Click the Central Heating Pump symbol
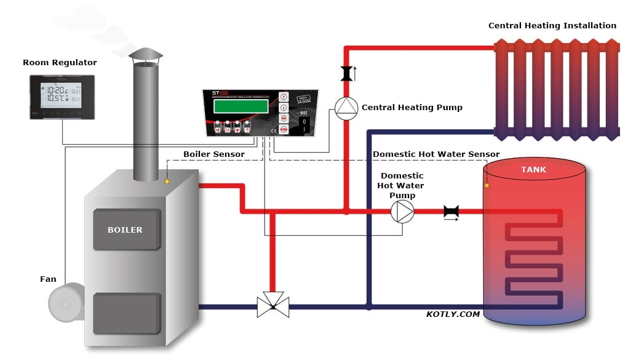(x=345, y=108)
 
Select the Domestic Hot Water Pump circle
(x=402, y=212)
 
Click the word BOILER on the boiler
(x=125, y=230)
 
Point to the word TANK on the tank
(x=533, y=170)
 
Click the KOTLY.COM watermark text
(x=453, y=314)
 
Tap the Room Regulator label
(x=60, y=63)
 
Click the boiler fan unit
(x=66, y=303)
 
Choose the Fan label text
(x=48, y=279)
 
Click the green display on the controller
(x=241, y=106)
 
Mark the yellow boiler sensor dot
(x=167, y=182)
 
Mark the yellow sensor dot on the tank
(x=487, y=185)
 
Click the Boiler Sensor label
(x=213, y=154)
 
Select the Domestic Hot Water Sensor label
(x=436, y=154)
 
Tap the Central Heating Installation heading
(x=552, y=26)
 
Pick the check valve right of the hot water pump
(x=451, y=212)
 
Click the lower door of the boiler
(x=125, y=313)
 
